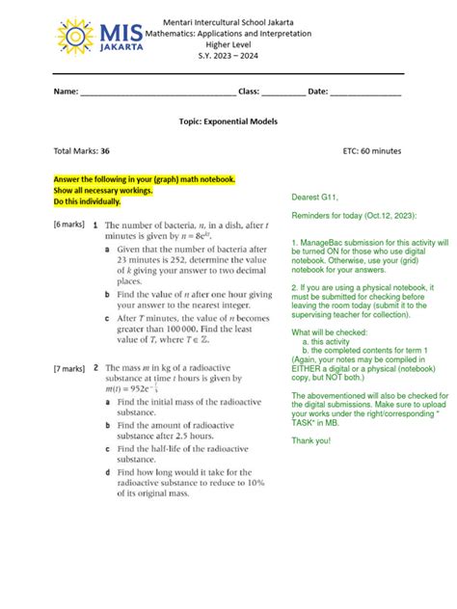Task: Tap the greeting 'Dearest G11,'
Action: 317,198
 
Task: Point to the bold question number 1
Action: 94,223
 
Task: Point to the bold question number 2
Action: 94,369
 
